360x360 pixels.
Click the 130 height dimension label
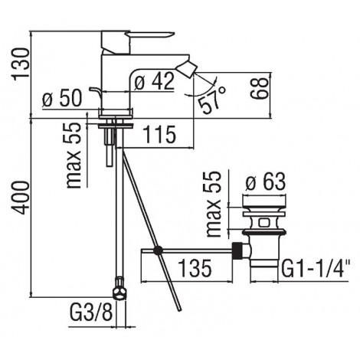(21, 64)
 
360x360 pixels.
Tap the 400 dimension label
(20, 198)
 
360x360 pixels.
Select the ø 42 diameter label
(154, 81)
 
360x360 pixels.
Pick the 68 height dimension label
(260, 88)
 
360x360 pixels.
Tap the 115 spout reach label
(159, 134)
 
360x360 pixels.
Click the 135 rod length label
(195, 268)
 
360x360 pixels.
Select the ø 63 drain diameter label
(265, 182)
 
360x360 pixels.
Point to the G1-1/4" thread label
(316, 268)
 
